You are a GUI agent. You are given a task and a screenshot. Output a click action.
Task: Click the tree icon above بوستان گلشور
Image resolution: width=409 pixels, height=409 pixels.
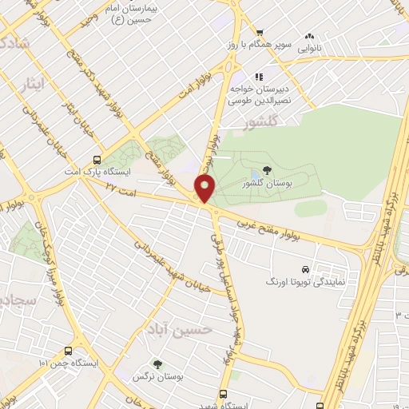click(x=266, y=170)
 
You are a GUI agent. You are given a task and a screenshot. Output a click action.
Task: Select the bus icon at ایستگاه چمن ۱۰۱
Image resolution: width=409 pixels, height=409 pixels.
click(x=67, y=350)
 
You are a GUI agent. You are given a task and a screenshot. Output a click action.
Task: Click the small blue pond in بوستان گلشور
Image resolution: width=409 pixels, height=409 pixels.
click(x=255, y=173)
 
